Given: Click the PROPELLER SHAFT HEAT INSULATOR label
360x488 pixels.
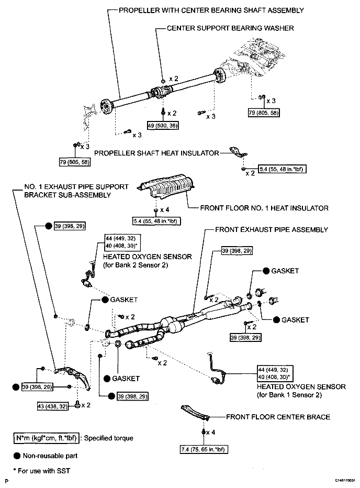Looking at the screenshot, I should [x=156, y=153].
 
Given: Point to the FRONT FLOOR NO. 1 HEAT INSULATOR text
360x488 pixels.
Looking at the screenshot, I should [x=264, y=208].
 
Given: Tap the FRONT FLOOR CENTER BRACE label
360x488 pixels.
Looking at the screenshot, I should [x=278, y=417].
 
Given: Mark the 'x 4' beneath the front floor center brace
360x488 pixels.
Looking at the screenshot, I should [x=211, y=432].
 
